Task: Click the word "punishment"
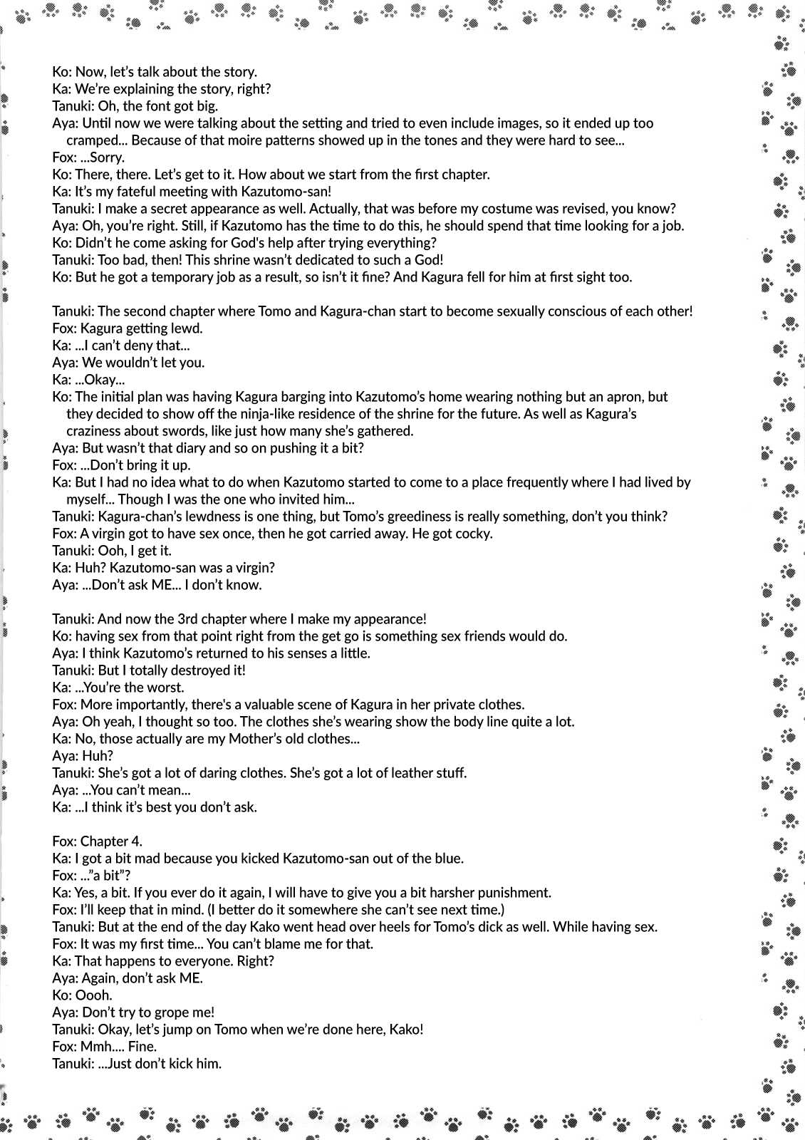[509, 893]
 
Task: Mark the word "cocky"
[474, 534]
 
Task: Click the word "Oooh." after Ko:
[93, 995]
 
